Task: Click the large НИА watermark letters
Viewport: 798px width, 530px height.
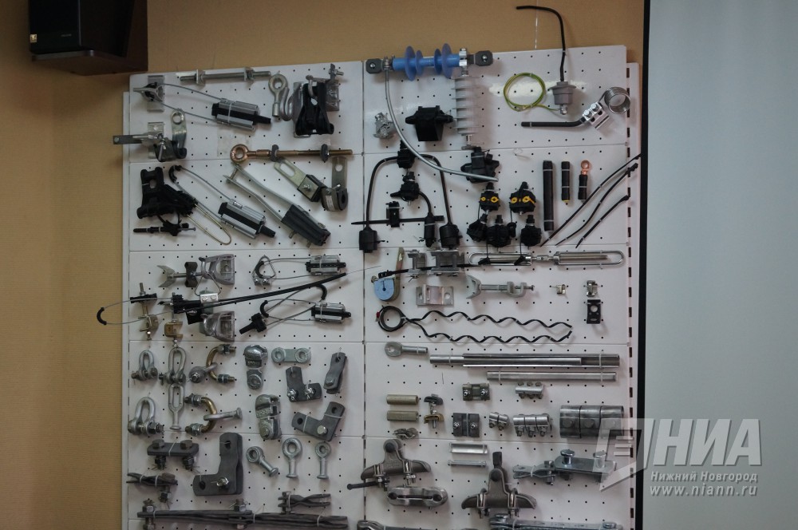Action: point(702,443)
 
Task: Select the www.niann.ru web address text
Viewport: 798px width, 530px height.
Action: point(704,491)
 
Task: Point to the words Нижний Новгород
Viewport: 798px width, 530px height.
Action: point(704,477)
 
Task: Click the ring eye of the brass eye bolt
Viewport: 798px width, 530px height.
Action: point(239,152)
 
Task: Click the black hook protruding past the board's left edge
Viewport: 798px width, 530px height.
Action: point(100,314)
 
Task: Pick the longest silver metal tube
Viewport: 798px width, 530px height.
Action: point(524,360)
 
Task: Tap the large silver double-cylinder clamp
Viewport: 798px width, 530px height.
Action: point(591,421)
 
